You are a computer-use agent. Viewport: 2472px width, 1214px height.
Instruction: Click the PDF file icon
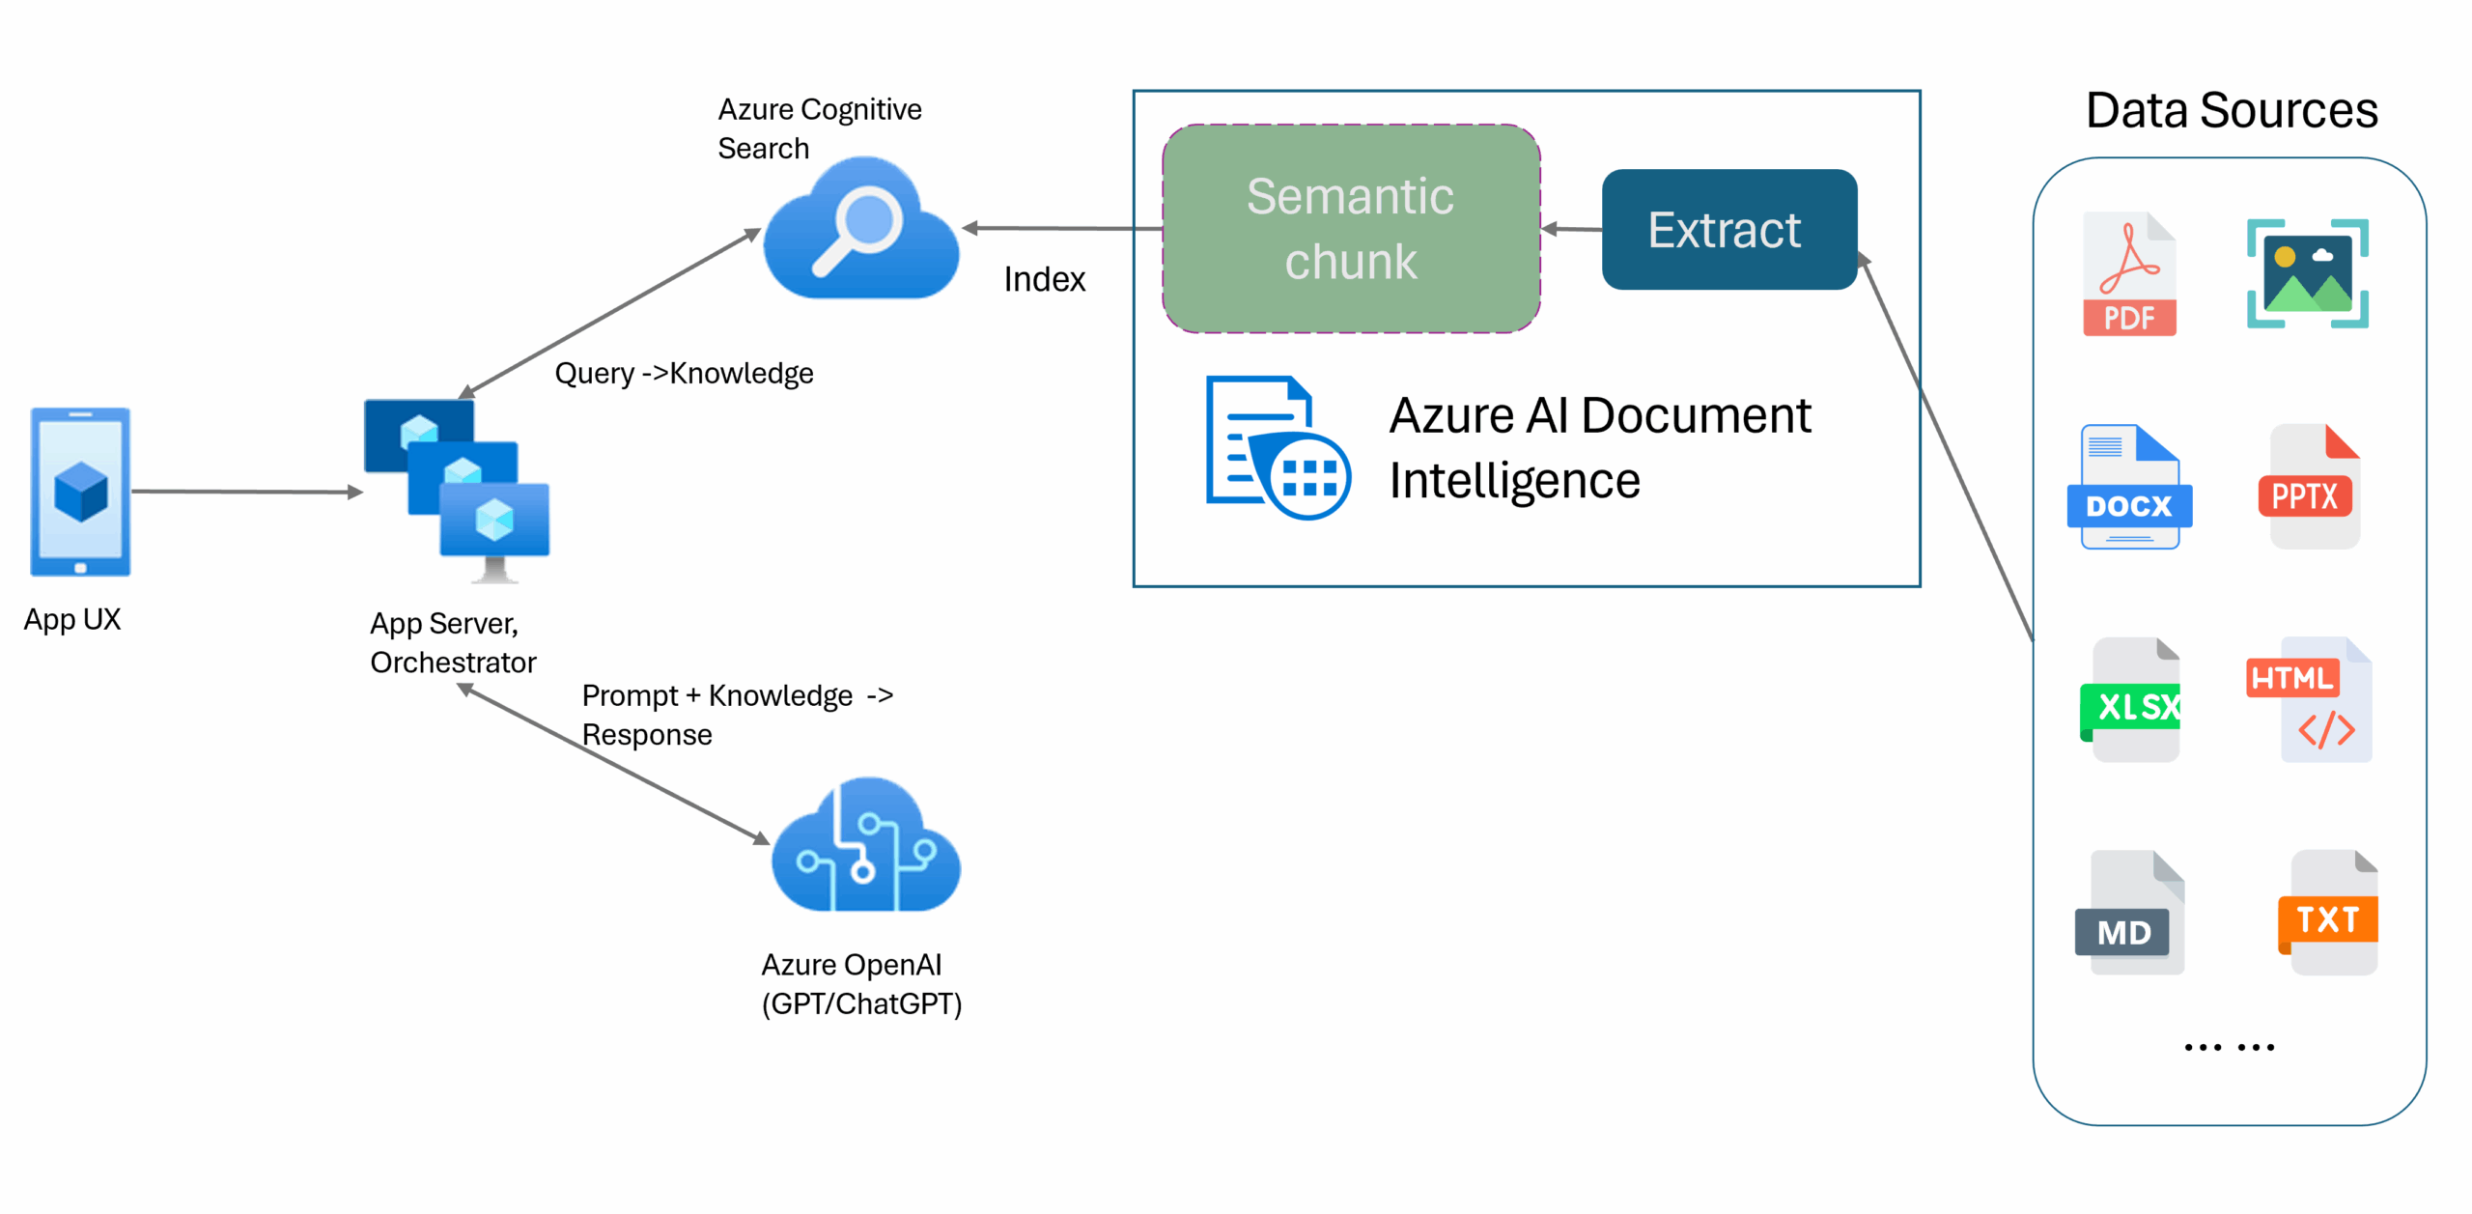tap(2129, 275)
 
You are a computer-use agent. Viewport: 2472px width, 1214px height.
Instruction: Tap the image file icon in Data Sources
tap(2307, 274)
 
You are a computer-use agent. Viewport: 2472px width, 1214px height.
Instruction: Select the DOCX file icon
tap(2129, 488)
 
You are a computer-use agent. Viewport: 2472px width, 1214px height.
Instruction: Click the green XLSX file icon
tap(2132, 701)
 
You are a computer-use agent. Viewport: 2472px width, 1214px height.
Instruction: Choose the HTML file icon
tap(2312, 701)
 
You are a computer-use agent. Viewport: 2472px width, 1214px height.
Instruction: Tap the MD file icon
tap(2129, 914)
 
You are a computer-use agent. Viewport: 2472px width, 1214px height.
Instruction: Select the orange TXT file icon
tap(2329, 914)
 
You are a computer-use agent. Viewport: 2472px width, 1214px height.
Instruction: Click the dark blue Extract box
tap(1728, 230)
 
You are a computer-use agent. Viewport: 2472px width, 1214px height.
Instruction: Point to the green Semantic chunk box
tap(1350, 229)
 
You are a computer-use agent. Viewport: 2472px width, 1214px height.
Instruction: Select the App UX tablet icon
tap(80, 493)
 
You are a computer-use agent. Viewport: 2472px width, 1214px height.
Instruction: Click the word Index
tap(1044, 280)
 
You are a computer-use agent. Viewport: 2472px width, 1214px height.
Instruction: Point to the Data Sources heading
tap(2231, 110)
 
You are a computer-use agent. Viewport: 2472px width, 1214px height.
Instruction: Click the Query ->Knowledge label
tap(684, 374)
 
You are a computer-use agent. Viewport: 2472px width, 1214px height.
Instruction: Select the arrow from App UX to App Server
tap(246, 492)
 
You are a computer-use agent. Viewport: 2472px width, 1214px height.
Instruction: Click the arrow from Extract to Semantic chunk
tap(1571, 229)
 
